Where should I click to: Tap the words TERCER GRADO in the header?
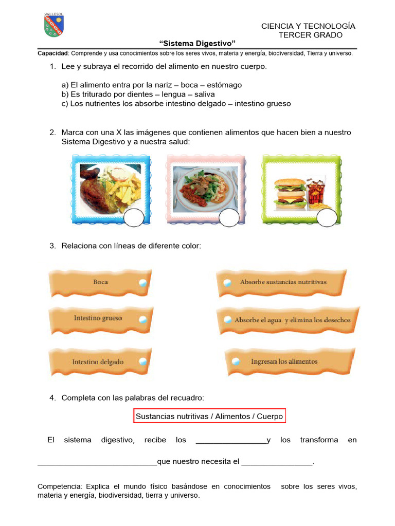tap(310, 35)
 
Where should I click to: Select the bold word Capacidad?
tap(53, 53)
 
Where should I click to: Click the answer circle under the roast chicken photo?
tap(134, 218)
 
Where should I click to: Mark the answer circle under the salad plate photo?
tap(229, 218)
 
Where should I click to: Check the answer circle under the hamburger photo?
tap(327, 218)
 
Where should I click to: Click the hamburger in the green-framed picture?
tap(289, 194)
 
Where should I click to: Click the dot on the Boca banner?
tap(143, 283)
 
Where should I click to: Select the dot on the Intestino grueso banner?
tap(143, 319)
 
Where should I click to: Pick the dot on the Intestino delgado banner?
tap(143, 361)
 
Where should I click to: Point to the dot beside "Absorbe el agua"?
tap(227, 320)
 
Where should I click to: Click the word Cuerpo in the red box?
tap(270, 416)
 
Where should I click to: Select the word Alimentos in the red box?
tap(232, 416)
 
